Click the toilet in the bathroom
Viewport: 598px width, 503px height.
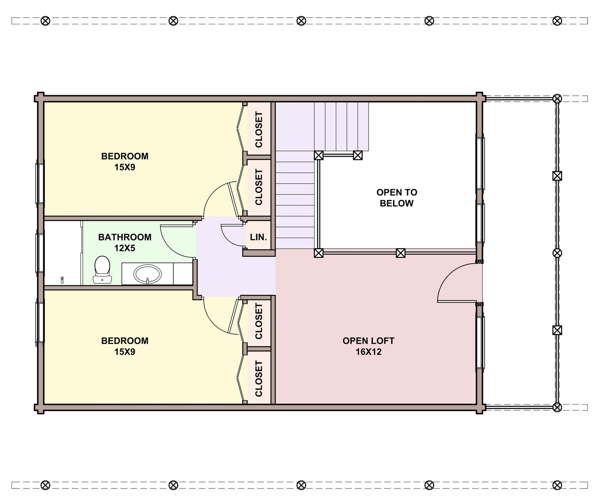pyautogui.click(x=102, y=270)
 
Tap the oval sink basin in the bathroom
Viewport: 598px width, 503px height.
pyautogui.click(x=147, y=274)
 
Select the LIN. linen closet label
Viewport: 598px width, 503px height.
pyautogui.click(x=258, y=237)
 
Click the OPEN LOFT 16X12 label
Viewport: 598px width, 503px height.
pyautogui.click(x=368, y=346)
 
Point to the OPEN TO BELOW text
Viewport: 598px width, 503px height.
pyautogui.click(x=397, y=198)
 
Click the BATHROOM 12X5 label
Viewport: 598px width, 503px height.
pyautogui.click(x=125, y=242)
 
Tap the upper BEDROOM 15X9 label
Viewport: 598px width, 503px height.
pyautogui.click(x=125, y=162)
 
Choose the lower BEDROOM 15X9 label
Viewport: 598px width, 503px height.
pyautogui.click(x=125, y=346)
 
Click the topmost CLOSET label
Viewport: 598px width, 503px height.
pyautogui.click(x=258, y=129)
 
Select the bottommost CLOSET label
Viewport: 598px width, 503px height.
pyautogui.click(x=258, y=379)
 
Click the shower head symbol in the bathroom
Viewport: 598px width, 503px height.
pyautogui.click(x=62, y=280)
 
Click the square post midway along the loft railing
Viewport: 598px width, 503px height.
pyautogui.click(x=400, y=253)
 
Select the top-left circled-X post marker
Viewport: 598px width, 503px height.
pyautogui.click(x=45, y=21)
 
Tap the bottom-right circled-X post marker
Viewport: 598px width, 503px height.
pyautogui.click(x=557, y=485)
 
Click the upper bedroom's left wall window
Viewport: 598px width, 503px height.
pyautogui.click(x=40, y=183)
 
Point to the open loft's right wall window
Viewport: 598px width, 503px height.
pyautogui.click(x=481, y=341)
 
